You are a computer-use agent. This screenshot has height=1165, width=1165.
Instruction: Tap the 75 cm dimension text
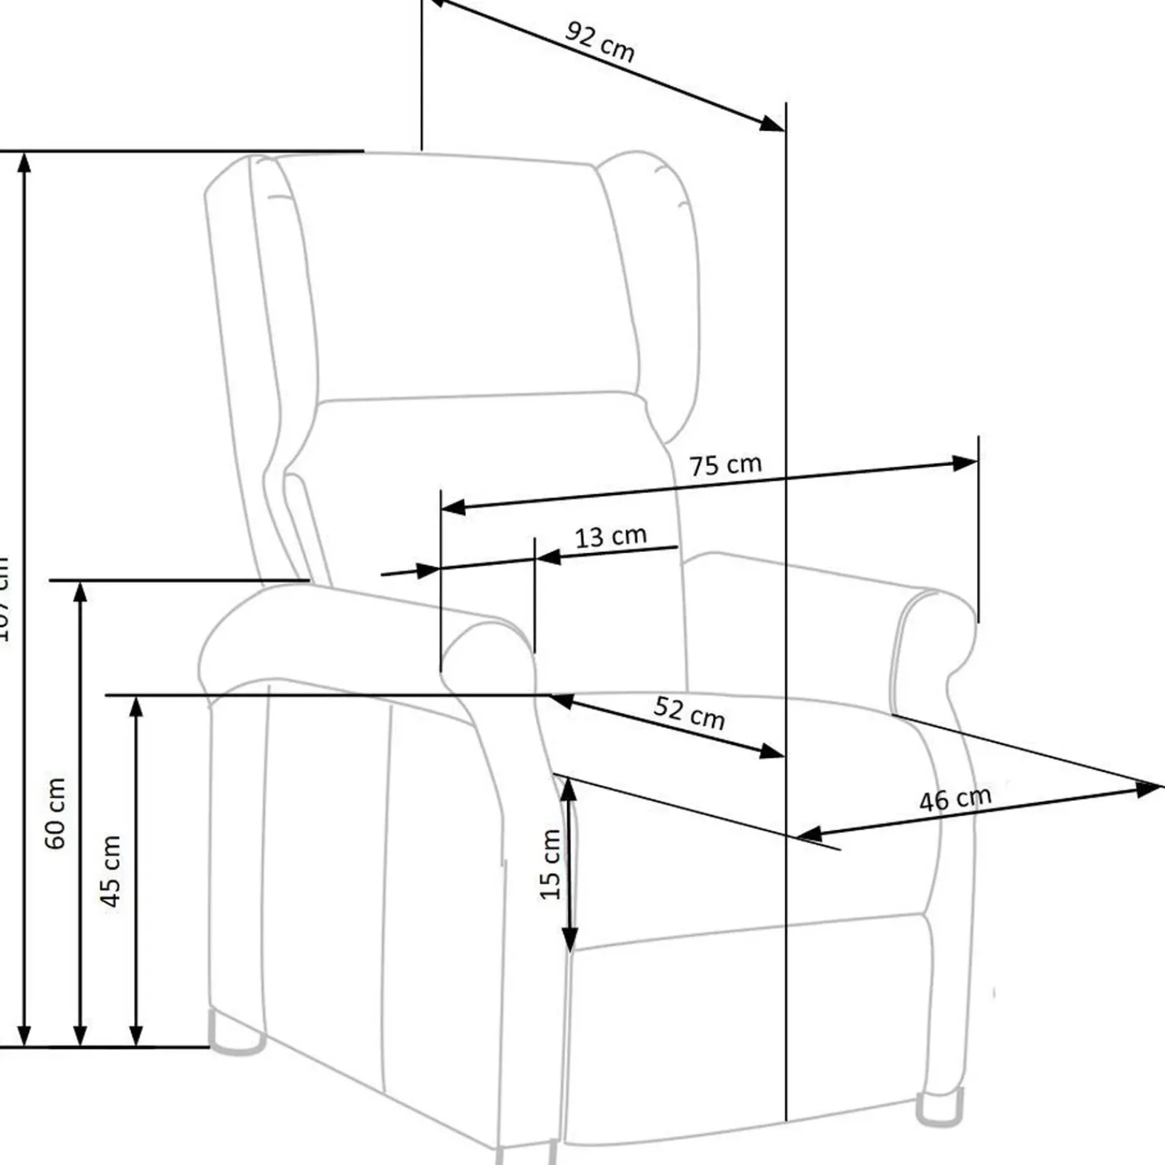725,465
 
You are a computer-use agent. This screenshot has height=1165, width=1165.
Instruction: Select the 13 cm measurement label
610,537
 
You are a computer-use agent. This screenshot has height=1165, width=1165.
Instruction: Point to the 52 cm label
689,713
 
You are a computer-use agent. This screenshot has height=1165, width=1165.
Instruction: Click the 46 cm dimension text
955,799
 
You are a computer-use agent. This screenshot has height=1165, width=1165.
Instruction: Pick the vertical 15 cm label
550,864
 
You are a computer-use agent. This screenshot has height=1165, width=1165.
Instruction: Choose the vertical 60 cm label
55,813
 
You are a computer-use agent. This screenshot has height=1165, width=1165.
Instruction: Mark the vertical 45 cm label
111,872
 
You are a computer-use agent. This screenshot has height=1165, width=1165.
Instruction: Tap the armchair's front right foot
939,1113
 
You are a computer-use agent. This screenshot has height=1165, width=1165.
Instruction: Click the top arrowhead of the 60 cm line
80,593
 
